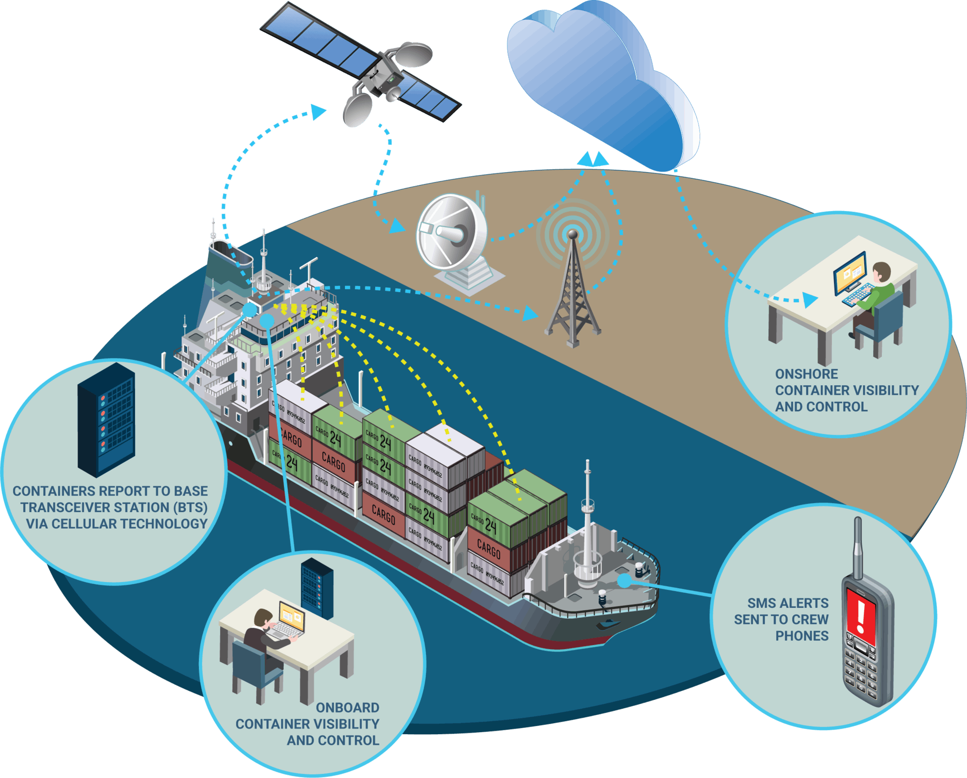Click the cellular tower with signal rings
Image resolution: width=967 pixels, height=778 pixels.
(x=573, y=287)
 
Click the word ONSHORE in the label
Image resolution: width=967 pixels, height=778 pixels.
(x=806, y=374)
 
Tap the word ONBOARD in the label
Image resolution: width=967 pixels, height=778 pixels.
(x=348, y=708)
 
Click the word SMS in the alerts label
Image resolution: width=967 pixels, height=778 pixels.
(x=759, y=603)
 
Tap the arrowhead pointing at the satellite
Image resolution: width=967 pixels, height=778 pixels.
(x=319, y=111)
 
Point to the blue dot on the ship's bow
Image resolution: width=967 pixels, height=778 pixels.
(x=625, y=581)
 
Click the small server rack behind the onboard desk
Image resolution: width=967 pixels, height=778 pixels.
(x=317, y=588)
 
